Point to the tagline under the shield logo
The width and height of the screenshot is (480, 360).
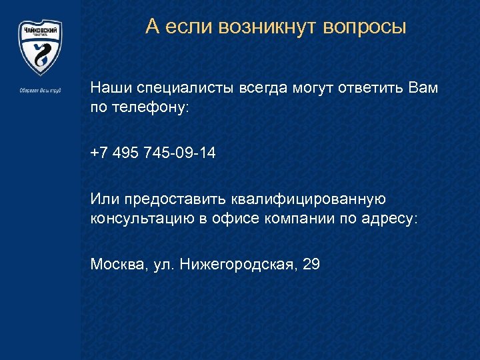(40, 90)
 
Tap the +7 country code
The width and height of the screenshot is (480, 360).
(99, 153)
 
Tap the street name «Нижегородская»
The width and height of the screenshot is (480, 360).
(238, 265)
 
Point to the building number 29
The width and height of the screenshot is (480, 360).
(311, 265)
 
